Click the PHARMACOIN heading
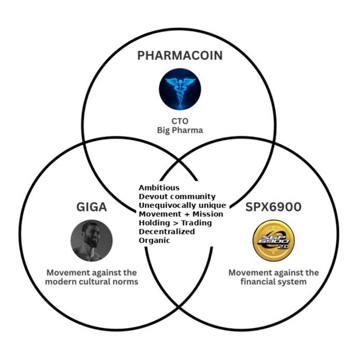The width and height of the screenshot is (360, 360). pos(179,55)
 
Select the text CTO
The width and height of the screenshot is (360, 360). pos(179,121)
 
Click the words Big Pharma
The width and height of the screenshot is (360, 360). pos(179,130)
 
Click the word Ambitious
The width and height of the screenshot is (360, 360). pos(159,188)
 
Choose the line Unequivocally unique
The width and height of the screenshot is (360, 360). pos(182,205)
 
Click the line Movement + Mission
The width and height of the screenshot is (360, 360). pos(181,214)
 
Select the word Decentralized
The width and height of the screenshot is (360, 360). pos(167,231)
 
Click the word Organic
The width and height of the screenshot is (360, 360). pos(154,240)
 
